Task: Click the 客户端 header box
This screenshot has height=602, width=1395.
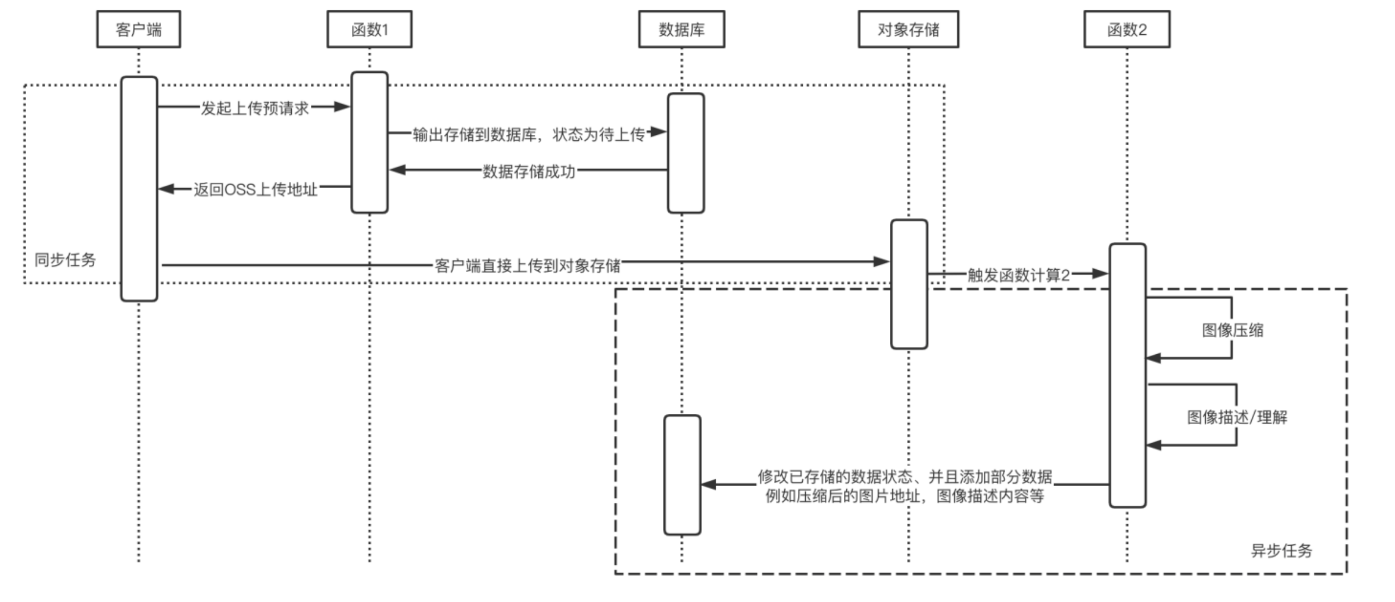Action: (x=139, y=29)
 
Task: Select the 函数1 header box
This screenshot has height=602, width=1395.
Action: (x=369, y=29)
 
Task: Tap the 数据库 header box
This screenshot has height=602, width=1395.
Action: (x=681, y=29)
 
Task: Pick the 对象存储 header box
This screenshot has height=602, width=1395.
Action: (x=908, y=29)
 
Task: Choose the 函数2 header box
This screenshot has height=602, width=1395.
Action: (x=1127, y=29)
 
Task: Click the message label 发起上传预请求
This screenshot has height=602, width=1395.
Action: (x=254, y=108)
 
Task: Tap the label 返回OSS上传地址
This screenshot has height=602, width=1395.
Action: (x=255, y=189)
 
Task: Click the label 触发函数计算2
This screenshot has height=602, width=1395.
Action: (x=1018, y=275)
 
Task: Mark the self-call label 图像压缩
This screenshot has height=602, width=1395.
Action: (x=1233, y=330)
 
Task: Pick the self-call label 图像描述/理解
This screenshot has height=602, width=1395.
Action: (x=1237, y=416)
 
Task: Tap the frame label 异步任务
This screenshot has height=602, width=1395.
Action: (x=1281, y=550)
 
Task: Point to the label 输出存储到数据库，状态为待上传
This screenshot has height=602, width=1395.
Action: (x=528, y=134)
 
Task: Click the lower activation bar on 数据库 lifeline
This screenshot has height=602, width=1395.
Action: (x=682, y=475)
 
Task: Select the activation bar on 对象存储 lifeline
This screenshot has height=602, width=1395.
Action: (x=909, y=284)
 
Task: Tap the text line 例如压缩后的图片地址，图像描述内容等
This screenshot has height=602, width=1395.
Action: (x=904, y=495)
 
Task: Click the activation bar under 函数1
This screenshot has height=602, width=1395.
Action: (x=369, y=142)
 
